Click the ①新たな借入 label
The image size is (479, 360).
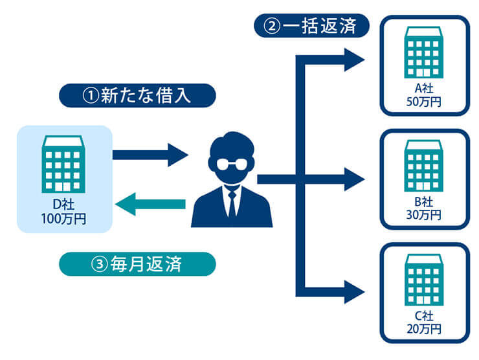pos(136,95)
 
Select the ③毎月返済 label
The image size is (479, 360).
pos(136,264)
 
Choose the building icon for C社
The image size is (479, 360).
pos(425,280)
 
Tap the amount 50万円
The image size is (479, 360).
pos(425,102)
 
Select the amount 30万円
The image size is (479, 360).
pos(425,214)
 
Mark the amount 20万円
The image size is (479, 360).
pos(425,328)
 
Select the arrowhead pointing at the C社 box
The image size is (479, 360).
pos(354,291)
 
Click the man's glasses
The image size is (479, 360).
pos(231,163)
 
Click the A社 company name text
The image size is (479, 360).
pos(425,89)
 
